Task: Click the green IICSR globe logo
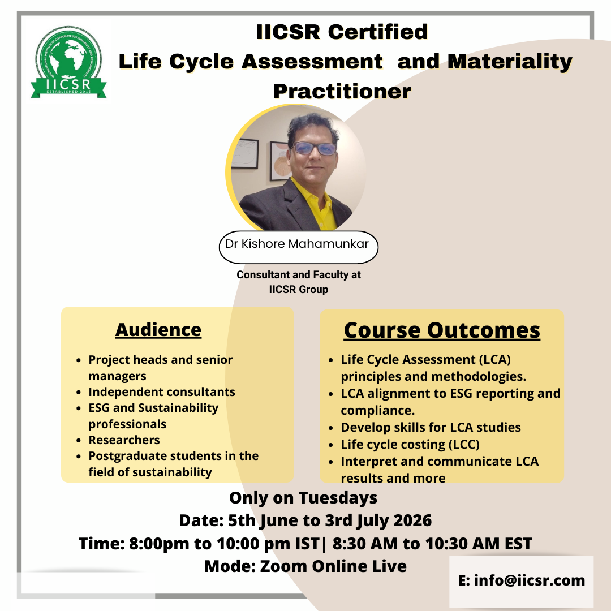click(x=68, y=62)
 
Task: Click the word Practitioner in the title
click(x=342, y=91)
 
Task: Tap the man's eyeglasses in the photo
click(x=315, y=148)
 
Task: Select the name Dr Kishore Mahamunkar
click(x=297, y=244)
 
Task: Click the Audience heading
click(x=158, y=330)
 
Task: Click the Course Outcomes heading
click(x=442, y=330)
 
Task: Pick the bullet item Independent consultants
click(x=162, y=391)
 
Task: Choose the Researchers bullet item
click(x=124, y=440)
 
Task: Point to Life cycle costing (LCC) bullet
click(x=410, y=444)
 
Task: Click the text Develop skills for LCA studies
click(x=431, y=428)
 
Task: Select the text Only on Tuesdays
click(x=303, y=498)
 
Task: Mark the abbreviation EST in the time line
click(x=518, y=544)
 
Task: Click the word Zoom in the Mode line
click(x=283, y=566)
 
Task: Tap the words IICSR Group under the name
click(x=299, y=290)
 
